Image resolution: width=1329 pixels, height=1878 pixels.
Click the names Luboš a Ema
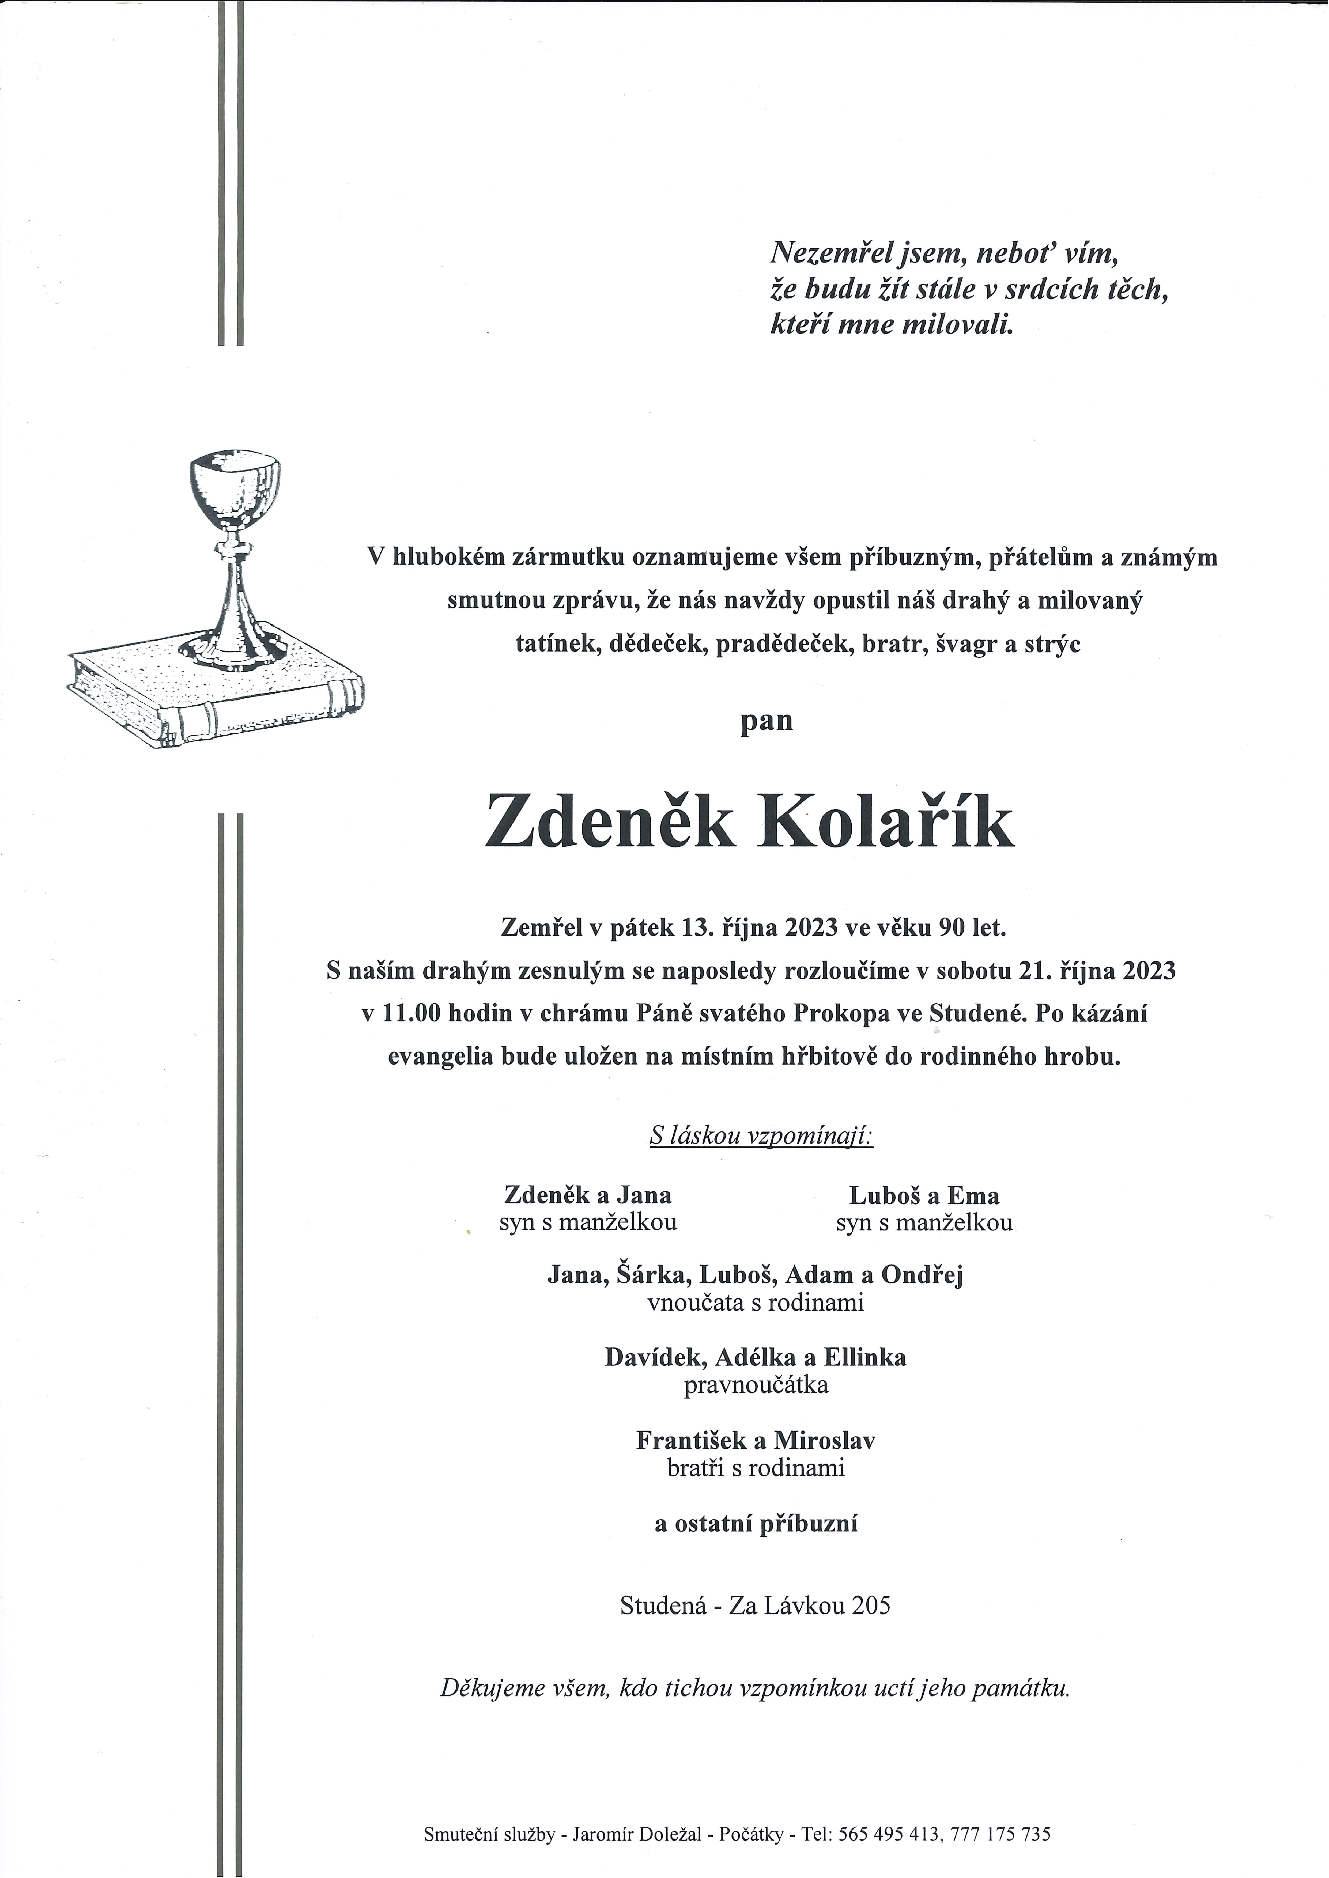pos(924,1196)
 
